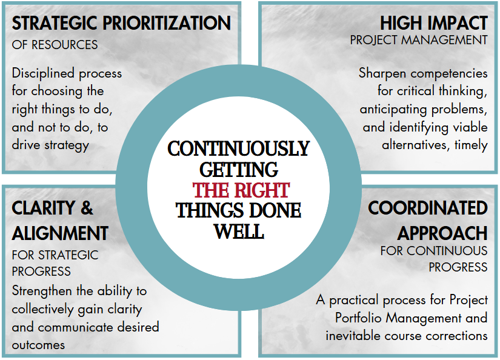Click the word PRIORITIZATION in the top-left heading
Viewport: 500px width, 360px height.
167,23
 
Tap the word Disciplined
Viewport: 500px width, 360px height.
43,73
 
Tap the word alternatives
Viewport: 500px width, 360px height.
416,145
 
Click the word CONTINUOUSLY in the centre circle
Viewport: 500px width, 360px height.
239,148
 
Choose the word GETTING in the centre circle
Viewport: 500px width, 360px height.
239,170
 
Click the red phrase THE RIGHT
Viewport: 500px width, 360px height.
241,190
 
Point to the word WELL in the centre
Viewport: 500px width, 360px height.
239,232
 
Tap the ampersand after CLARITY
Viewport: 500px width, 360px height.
87,208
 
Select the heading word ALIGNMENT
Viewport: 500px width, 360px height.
60,233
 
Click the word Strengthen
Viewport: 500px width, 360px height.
42,291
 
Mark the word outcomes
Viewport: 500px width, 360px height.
38,345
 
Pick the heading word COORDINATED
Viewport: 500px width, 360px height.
428,208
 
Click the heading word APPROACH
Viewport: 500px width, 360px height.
442,233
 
